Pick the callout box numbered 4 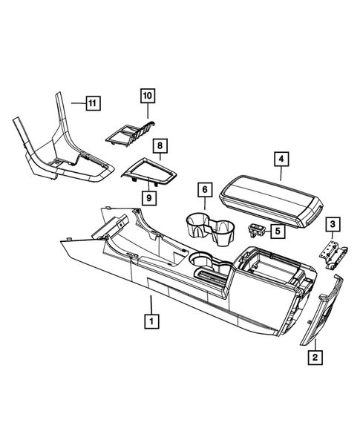pyautogui.click(x=281, y=159)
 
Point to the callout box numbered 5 pyautogui.click(x=277, y=231)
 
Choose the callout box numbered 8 pyautogui.click(x=160, y=146)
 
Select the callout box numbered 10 pyautogui.click(x=147, y=95)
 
